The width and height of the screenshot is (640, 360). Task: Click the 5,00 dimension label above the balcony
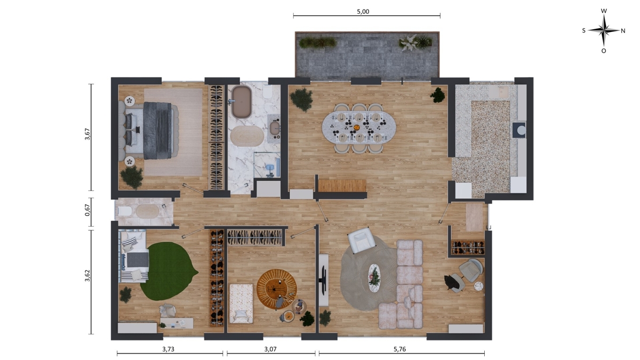[x=363, y=11]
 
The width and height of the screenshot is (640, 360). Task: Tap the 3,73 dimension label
[x=169, y=349]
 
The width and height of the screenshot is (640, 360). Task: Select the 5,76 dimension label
[x=399, y=349]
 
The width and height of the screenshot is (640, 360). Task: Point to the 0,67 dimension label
[x=87, y=210]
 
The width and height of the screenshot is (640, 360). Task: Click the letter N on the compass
[x=623, y=31]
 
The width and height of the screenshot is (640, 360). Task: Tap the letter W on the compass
[x=604, y=11]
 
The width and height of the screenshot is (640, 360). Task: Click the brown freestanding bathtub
[x=242, y=102]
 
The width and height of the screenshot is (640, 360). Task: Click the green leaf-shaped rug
[x=167, y=271]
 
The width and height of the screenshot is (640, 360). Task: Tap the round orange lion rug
[x=276, y=289]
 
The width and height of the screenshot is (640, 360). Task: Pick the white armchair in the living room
[x=361, y=240]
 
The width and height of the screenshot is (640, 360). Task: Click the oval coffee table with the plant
[x=374, y=278]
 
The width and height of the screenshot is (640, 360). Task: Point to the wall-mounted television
[x=324, y=280]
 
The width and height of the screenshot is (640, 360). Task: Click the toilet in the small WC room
[x=125, y=211]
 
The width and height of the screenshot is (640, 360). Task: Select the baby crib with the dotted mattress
[x=241, y=303]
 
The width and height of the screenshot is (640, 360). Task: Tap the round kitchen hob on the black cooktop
[x=522, y=130]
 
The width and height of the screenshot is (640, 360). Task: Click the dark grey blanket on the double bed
[x=157, y=131]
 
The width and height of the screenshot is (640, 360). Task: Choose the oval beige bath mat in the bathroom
[x=247, y=137]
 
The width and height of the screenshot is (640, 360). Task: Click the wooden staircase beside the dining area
[x=342, y=186]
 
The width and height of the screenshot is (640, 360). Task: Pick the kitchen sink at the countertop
[x=499, y=91]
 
